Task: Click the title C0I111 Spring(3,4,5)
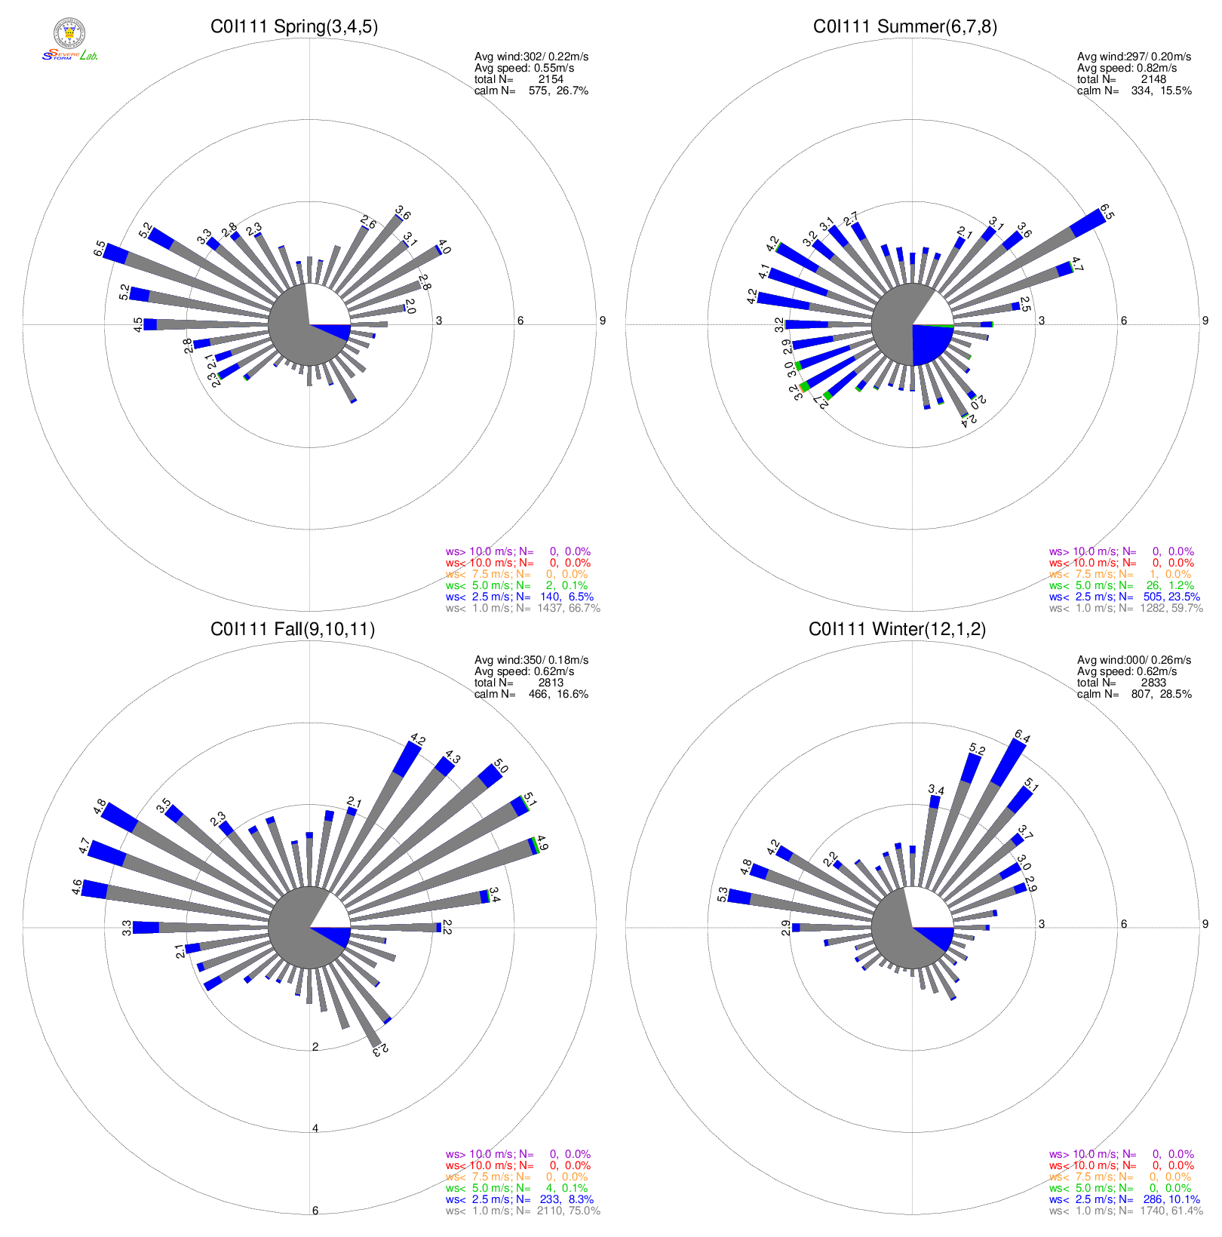point(294,27)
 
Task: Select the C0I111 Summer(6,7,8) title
point(904,27)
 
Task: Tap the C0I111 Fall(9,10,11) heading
point(293,630)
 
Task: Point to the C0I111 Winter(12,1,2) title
point(897,630)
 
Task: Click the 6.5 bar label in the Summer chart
point(1107,212)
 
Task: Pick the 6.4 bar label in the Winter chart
point(1022,736)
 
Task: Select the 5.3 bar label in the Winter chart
point(723,895)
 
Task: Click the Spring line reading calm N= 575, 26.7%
point(531,91)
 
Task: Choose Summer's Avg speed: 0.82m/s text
point(1127,68)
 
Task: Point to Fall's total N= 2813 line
point(519,683)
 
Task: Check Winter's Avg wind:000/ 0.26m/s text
point(1134,660)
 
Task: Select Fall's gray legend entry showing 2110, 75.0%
point(523,1211)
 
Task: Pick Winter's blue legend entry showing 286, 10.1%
point(1124,1199)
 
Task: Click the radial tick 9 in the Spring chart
point(602,321)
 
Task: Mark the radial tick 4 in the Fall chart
point(315,1128)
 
